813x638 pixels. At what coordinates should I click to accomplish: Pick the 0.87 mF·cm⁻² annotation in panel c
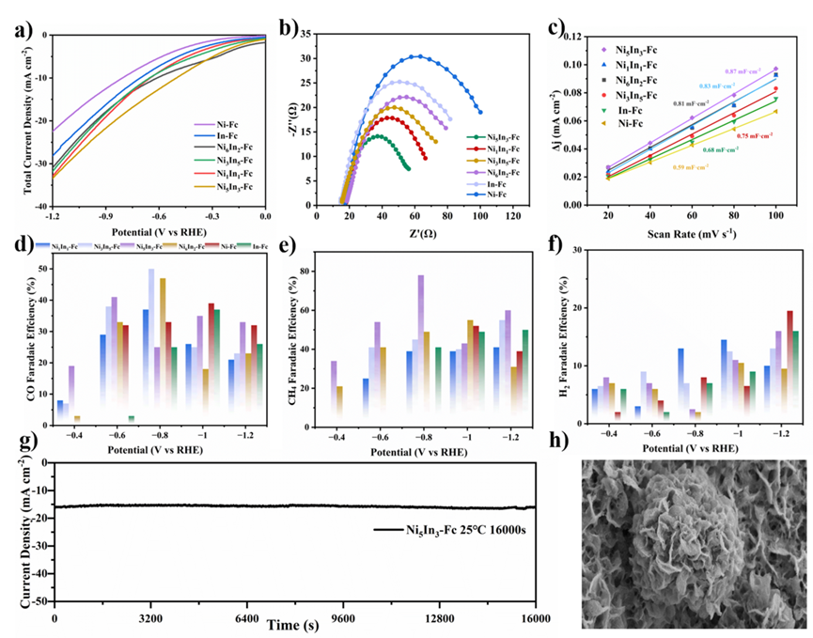743,72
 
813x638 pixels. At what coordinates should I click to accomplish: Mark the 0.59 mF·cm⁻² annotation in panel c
689,166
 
